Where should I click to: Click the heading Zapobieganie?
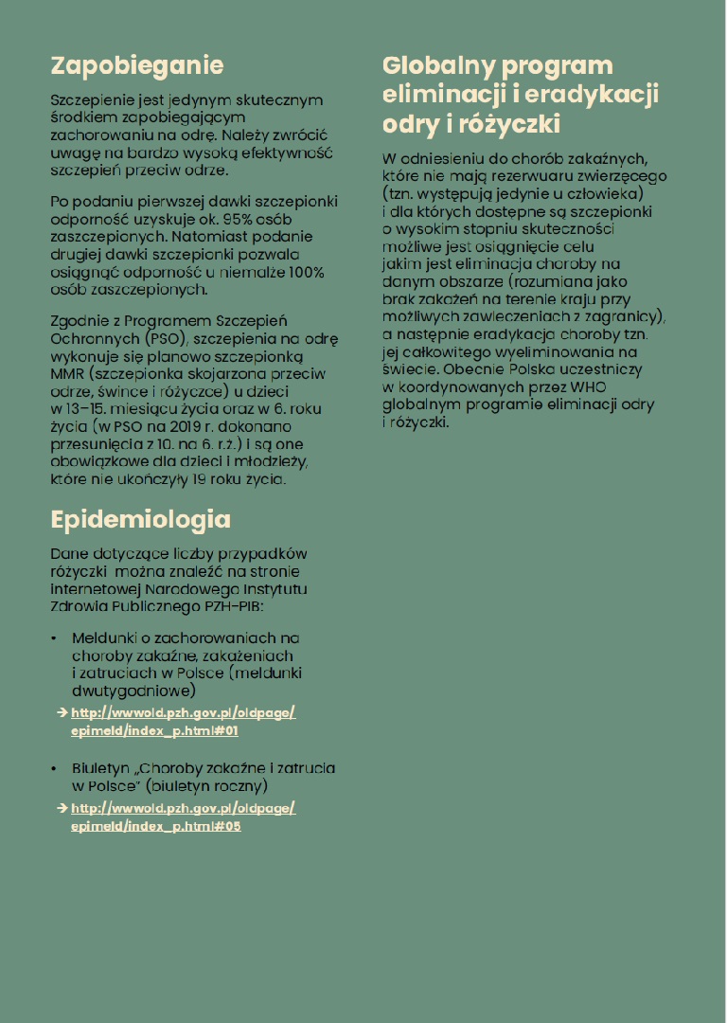click(136, 66)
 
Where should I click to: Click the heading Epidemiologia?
click(140, 519)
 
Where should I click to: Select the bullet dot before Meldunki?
click(54, 639)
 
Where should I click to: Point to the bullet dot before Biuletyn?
click(54, 769)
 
